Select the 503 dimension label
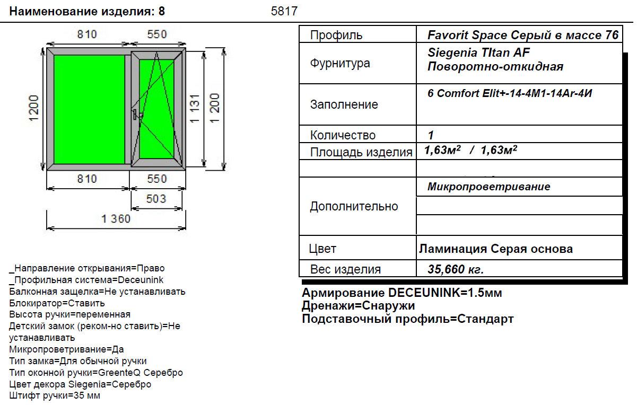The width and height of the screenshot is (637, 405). pyautogui.click(x=156, y=199)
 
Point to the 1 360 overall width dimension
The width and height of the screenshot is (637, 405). pyautogui.click(x=116, y=219)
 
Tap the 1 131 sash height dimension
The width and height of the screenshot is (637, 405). pyautogui.click(x=195, y=109)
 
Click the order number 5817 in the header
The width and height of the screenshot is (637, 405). pyautogui.click(x=284, y=11)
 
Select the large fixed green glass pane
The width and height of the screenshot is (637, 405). pyautogui.click(x=89, y=109)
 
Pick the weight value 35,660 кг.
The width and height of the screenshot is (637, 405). pyautogui.click(x=456, y=269)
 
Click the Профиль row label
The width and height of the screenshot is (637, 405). pyautogui.click(x=336, y=35)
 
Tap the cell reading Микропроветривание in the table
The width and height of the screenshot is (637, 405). pyautogui.click(x=489, y=187)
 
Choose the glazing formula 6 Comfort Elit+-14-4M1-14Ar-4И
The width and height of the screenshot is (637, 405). pyautogui.click(x=510, y=93)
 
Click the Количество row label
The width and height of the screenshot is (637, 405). pyautogui.click(x=343, y=135)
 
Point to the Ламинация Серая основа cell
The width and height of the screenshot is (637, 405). pyautogui.click(x=496, y=249)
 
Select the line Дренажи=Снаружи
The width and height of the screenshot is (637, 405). pyautogui.click(x=359, y=306)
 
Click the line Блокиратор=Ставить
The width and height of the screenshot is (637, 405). pyautogui.click(x=57, y=303)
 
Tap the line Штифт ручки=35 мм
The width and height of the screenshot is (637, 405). pyautogui.click(x=55, y=395)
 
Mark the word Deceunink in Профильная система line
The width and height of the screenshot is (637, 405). pyautogui.click(x=141, y=280)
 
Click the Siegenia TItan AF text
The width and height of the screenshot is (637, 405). pyautogui.click(x=478, y=52)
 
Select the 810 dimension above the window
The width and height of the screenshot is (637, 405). pyautogui.click(x=87, y=34)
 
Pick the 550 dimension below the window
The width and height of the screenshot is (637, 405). pyautogui.click(x=156, y=179)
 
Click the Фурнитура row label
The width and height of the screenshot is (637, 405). pyautogui.click(x=340, y=63)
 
